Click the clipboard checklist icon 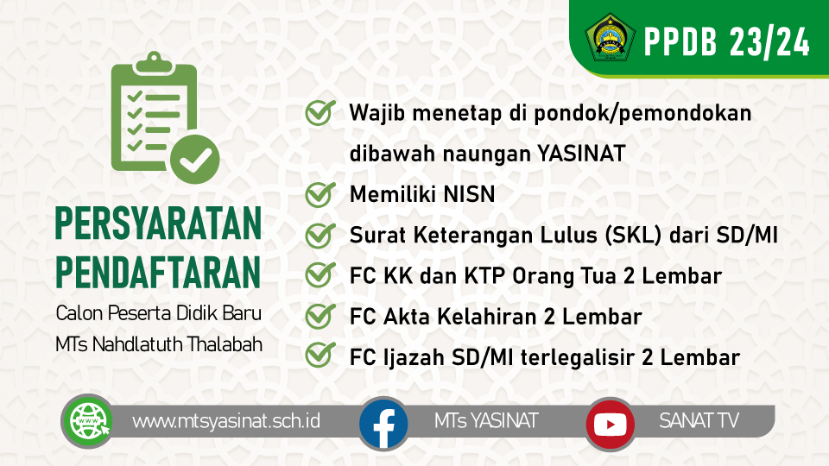click(164, 116)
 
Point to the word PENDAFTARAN click(158, 272)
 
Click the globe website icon click(86, 422)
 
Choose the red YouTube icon click(611, 423)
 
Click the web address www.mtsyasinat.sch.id click(226, 421)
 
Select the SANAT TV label click(699, 421)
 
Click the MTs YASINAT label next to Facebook click(486, 421)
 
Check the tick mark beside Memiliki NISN click(320, 194)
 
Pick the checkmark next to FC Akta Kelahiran click(320, 316)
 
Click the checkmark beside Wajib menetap click(320, 113)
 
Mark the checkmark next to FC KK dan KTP click(320, 275)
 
